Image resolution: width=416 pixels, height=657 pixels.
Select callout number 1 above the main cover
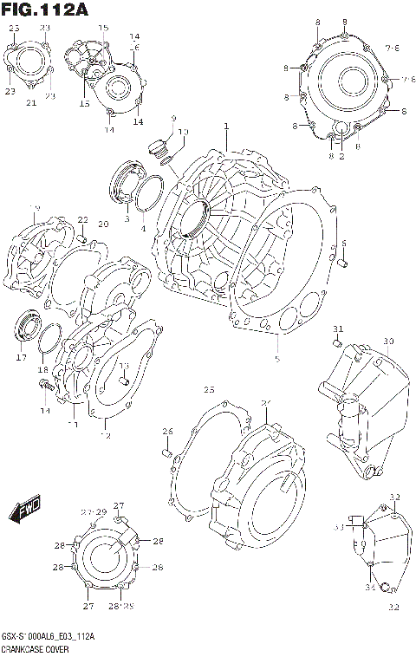click(x=225, y=127)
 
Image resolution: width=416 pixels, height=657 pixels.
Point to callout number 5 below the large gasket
click(x=276, y=358)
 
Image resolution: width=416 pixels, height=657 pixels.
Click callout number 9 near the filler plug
click(x=172, y=118)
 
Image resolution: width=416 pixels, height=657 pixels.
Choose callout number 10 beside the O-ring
click(x=183, y=132)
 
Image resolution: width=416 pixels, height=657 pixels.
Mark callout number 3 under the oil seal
click(x=127, y=219)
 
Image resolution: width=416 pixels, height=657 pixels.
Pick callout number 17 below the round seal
click(x=21, y=356)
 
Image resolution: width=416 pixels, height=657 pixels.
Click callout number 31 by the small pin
click(x=339, y=328)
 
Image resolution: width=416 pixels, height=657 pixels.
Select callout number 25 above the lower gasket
click(x=209, y=389)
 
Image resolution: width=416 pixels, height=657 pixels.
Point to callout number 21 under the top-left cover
click(x=30, y=103)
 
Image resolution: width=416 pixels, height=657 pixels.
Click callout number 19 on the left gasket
click(x=35, y=208)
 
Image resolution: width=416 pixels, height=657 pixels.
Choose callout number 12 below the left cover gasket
click(x=106, y=435)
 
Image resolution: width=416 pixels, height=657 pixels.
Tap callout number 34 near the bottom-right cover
click(x=369, y=589)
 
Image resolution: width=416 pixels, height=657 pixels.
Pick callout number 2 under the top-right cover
click(x=341, y=157)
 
